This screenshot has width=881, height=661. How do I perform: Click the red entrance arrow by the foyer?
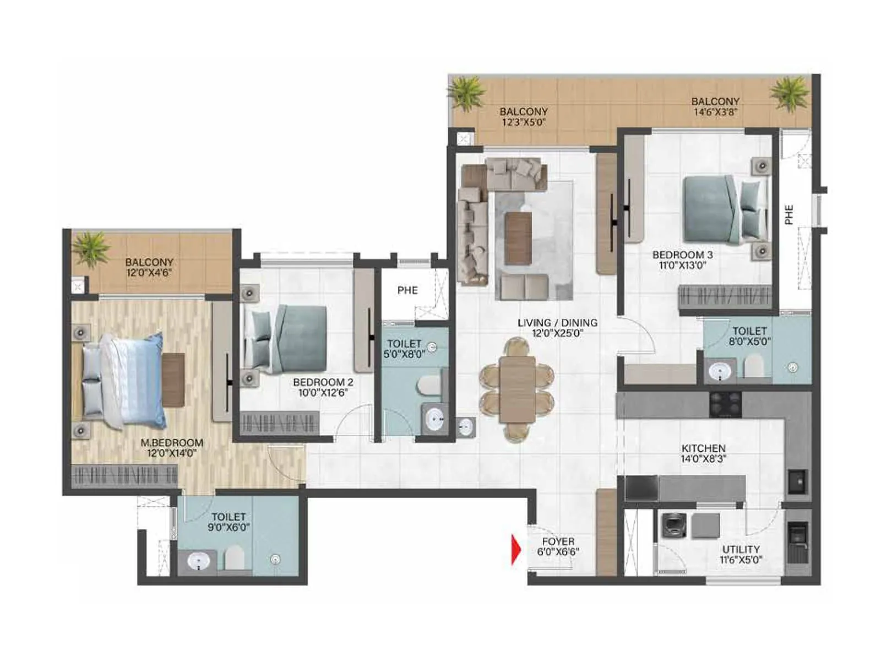(516, 550)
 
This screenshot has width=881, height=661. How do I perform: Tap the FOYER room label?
(558, 542)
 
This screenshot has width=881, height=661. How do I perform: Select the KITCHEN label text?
(703, 448)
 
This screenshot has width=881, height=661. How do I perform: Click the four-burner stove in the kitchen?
(725, 405)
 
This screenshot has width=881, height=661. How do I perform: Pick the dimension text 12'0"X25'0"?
(557, 333)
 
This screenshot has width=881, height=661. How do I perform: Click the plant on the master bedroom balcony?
(91, 248)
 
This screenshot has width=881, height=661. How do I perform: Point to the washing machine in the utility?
(673, 525)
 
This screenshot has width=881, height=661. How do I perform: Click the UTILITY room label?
(741, 550)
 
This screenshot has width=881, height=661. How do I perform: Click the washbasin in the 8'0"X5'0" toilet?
(720, 372)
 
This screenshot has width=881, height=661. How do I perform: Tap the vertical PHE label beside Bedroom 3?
(789, 214)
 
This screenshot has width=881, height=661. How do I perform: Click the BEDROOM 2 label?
(323, 382)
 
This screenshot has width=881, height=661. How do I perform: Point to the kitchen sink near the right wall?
(797, 481)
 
